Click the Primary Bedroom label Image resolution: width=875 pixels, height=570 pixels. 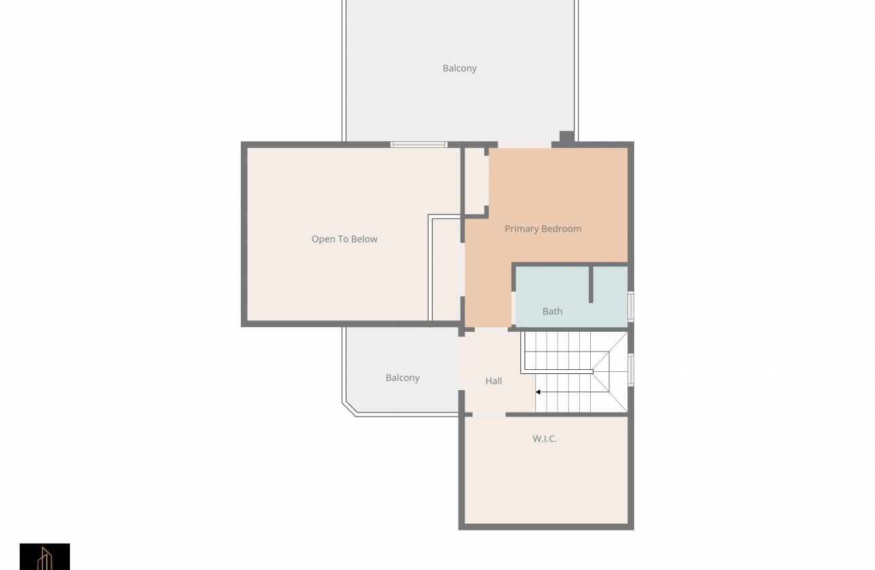[543, 229]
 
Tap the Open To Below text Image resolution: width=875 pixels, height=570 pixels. [344, 239]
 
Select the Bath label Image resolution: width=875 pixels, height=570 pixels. [552, 311]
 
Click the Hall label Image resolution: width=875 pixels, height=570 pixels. [493, 381]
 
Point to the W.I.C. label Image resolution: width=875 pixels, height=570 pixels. [545, 439]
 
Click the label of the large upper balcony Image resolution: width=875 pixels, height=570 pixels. [459, 69]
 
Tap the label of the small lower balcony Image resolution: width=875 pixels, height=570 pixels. [402, 378]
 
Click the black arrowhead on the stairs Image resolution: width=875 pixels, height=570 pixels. [538, 392]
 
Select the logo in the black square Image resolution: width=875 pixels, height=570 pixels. [45, 556]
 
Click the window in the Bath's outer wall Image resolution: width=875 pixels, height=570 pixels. [630, 307]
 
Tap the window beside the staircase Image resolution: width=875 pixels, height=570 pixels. [630, 370]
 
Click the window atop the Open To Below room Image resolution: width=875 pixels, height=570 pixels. [419, 145]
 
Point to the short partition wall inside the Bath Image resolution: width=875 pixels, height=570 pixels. [591, 285]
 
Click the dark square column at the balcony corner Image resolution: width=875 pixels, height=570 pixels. [567, 137]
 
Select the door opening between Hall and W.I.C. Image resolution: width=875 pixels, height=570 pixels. [488, 415]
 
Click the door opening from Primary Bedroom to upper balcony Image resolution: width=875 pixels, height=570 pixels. [524, 145]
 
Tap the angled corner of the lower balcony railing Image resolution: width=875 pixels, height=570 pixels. [349, 408]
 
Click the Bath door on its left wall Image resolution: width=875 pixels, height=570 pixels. [513, 308]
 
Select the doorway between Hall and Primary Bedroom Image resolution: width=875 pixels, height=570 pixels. [491, 330]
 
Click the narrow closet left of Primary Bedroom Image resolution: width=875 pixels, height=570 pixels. [475, 181]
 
